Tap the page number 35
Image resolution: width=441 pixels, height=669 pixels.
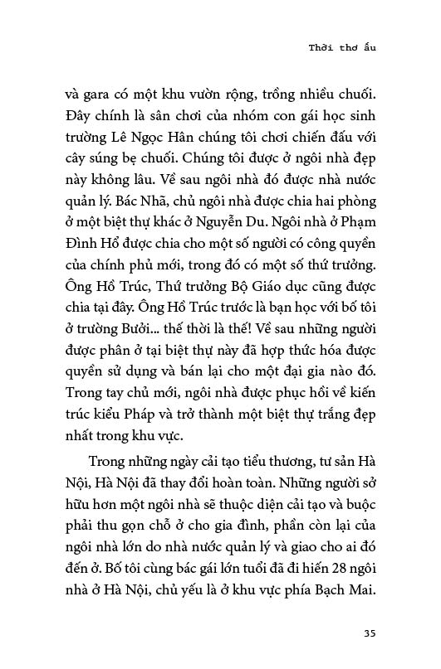click(370, 634)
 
